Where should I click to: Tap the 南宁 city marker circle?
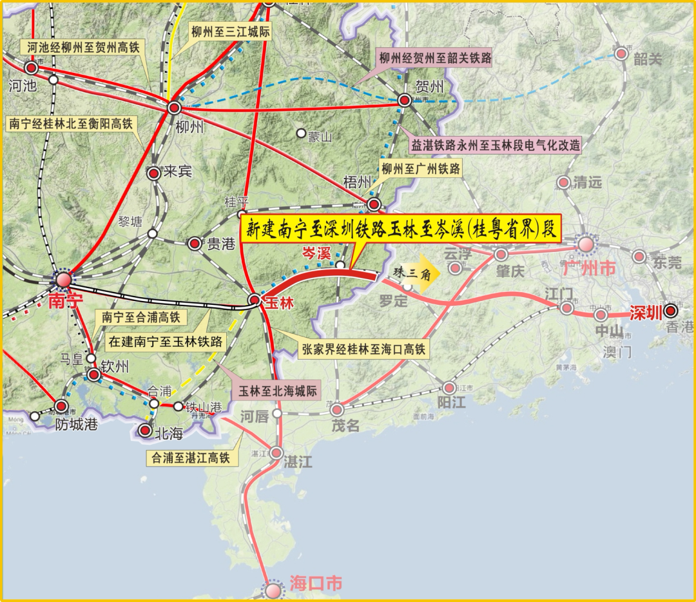tap(63, 279)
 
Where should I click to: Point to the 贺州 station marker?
tap(404, 100)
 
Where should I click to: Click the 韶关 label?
tap(648, 59)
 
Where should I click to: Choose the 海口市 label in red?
tap(316, 584)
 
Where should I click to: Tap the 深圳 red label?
tap(646, 314)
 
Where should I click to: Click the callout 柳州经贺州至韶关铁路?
tap(435, 59)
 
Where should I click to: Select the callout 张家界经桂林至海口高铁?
tap(363, 349)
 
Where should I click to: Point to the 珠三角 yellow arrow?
tap(416, 273)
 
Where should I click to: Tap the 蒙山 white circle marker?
tap(300, 133)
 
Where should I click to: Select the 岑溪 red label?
tap(318, 254)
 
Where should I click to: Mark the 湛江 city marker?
tap(276, 452)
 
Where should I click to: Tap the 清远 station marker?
tap(564, 182)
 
